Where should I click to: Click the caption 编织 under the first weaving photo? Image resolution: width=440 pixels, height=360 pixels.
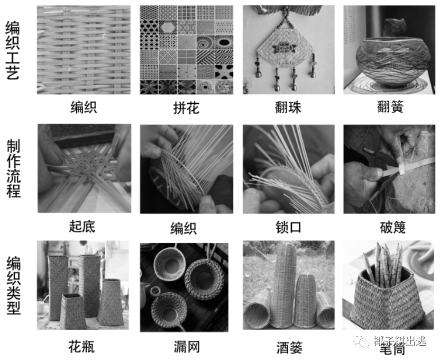click(84, 108)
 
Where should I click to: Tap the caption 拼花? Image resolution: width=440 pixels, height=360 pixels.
click(186, 108)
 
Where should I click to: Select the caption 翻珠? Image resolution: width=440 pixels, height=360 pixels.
click(288, 108)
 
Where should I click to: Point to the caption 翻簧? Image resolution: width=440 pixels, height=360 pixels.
click(390, 108)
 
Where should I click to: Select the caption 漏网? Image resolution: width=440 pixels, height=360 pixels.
click(186, 347)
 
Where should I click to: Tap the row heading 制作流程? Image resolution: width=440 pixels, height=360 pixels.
click(13, 168)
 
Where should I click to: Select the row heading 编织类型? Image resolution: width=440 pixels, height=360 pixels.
click(13, 286)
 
